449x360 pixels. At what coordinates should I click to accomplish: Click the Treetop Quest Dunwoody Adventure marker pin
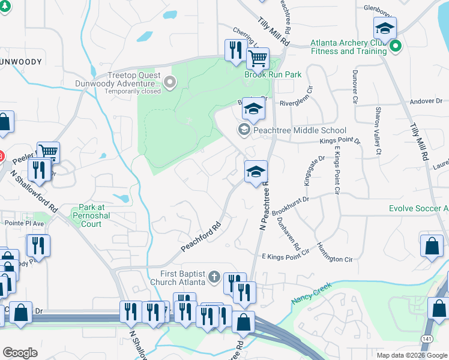[170, 82]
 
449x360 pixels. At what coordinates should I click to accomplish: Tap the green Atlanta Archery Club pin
[395, 46]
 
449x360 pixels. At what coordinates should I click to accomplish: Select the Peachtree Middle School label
[300, 130]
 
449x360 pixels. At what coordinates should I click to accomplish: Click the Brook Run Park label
[273, 75]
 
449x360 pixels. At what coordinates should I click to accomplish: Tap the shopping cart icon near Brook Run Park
[258, 59]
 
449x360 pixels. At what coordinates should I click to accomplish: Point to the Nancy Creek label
[312, 295]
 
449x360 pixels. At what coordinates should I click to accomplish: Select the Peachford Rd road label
[201, 238]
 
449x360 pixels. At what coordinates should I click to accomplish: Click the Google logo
[20, 353]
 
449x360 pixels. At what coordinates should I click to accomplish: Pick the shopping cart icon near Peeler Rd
[48, 152]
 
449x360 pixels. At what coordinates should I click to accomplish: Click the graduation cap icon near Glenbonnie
[384, 28]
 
